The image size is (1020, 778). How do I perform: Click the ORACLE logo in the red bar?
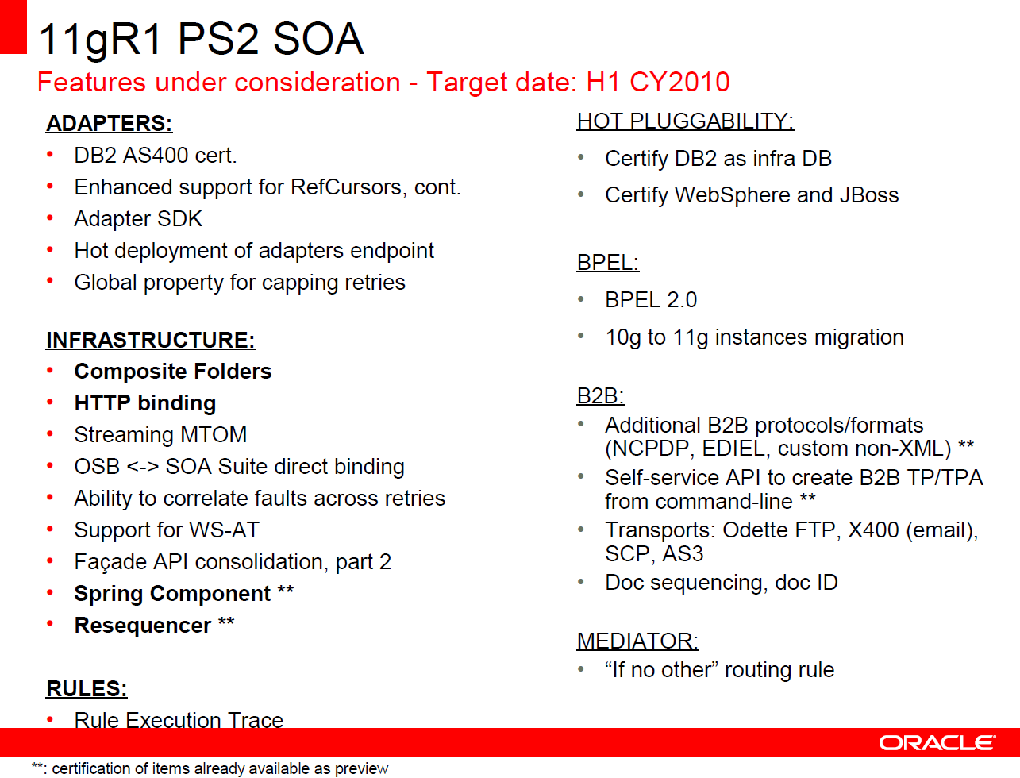(x=937, y=742)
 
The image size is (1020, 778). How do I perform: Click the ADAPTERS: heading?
(x=109, y=124)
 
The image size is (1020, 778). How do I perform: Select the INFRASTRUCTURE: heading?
(x=150, y=340)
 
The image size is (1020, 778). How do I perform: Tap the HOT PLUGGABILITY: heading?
(x=685, y=121)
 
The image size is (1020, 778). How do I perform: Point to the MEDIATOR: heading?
(x=637, y=641)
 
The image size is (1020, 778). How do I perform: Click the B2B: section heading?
(x=600, y=395)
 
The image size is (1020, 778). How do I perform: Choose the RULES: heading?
(x=87, y=688)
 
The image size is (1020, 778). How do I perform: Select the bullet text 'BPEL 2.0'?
(x=650, y=300)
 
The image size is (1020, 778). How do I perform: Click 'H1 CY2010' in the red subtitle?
(x=657, y=82)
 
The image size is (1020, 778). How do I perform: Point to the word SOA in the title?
(x=318, y=39)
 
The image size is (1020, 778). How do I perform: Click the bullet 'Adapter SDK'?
(x=138, y=219)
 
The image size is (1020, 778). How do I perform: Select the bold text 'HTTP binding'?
(x=144, y=403)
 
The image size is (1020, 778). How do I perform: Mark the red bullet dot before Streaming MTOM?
(x=50, y=434)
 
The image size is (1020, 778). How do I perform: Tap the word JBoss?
(x=864, y=195)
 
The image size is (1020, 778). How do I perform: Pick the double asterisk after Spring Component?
(x=286, y=592)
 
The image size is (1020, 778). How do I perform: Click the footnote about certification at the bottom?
(x=210, y=768)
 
